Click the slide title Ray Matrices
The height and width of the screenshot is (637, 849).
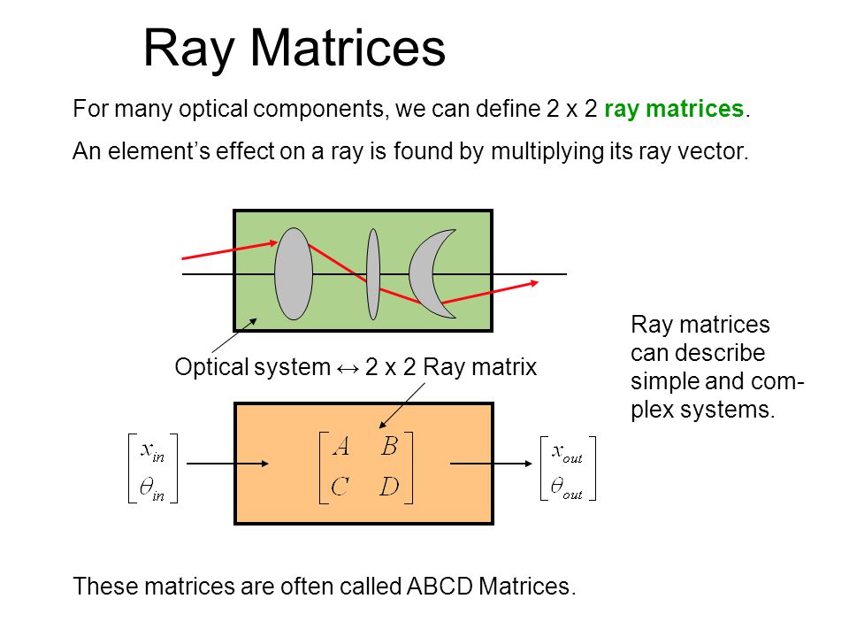click(294, 48)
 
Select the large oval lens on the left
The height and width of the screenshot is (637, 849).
click(294, 273)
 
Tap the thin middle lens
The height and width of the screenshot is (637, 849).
click(373, 273)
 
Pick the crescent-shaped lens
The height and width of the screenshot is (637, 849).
click(427, 273)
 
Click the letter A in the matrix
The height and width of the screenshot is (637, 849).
click(341, 448)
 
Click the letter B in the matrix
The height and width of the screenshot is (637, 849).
click(389, 448)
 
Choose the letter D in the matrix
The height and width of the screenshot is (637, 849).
click(389, 487)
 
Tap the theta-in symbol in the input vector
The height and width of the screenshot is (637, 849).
click(152, 487)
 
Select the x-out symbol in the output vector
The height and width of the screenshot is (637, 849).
click(567, 451)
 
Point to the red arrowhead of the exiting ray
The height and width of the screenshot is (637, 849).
click(533, 284)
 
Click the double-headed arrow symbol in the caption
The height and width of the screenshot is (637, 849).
click(348, 367)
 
